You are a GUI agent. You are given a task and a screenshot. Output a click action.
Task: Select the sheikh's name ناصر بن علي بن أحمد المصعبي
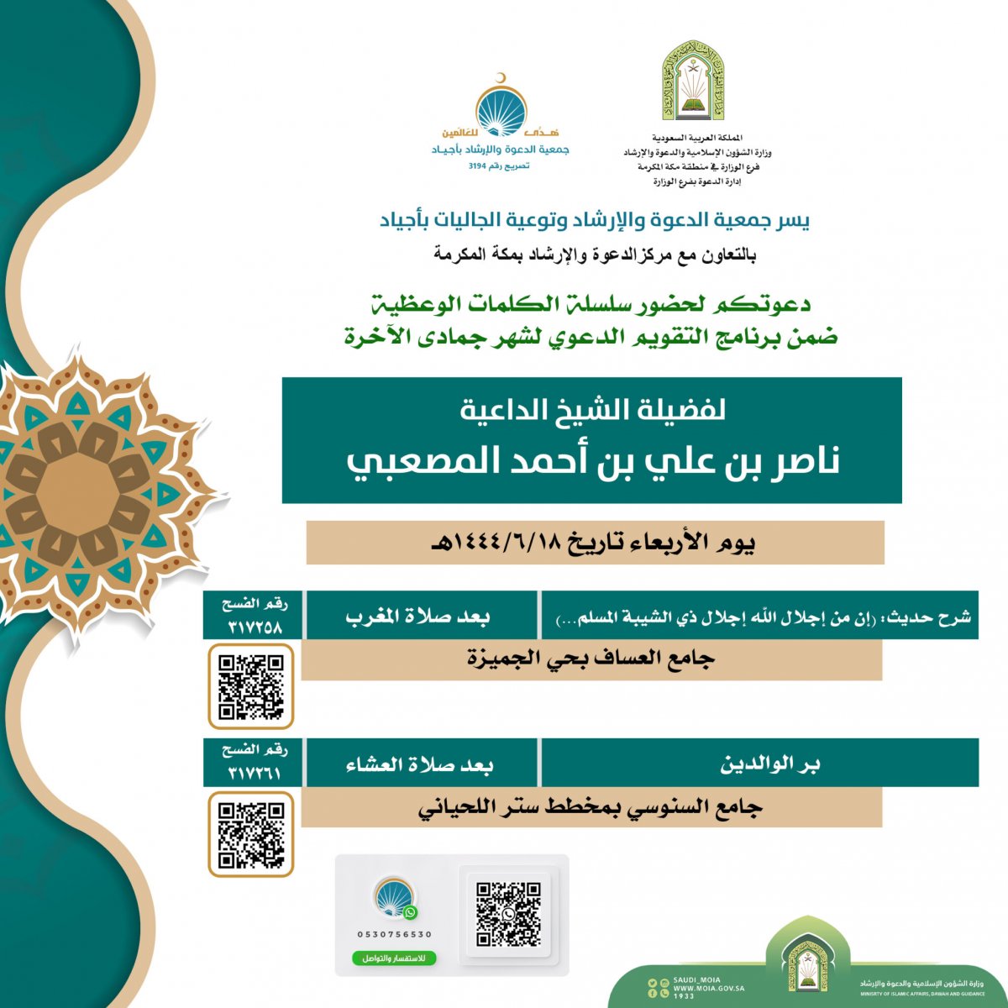click(x=592, y=461)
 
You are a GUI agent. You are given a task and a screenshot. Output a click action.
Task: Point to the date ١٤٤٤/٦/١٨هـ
click(x=504, y=543)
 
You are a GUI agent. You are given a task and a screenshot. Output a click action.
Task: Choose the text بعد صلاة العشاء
click(x=420, y=764)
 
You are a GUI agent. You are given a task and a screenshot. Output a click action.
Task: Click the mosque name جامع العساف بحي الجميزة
click(x=591, y=659)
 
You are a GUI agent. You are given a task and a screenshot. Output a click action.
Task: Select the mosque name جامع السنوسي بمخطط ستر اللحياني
click(x=591, y=808)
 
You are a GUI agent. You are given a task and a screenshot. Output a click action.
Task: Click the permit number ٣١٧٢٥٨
click(x=255, y=627)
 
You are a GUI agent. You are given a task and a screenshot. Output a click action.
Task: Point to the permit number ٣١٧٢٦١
click(x=255, y=774)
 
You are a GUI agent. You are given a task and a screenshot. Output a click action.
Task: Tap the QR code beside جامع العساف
click(x=250, y=687)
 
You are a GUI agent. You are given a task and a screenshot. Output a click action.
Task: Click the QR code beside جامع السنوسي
click(x=250, y=835)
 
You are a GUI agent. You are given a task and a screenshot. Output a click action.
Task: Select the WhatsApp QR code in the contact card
click(x=508, y=914)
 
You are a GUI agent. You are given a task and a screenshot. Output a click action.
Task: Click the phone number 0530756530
click(x=395, y=934)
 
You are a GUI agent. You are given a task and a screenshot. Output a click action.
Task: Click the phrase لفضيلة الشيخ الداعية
click(x=592, y=410)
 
